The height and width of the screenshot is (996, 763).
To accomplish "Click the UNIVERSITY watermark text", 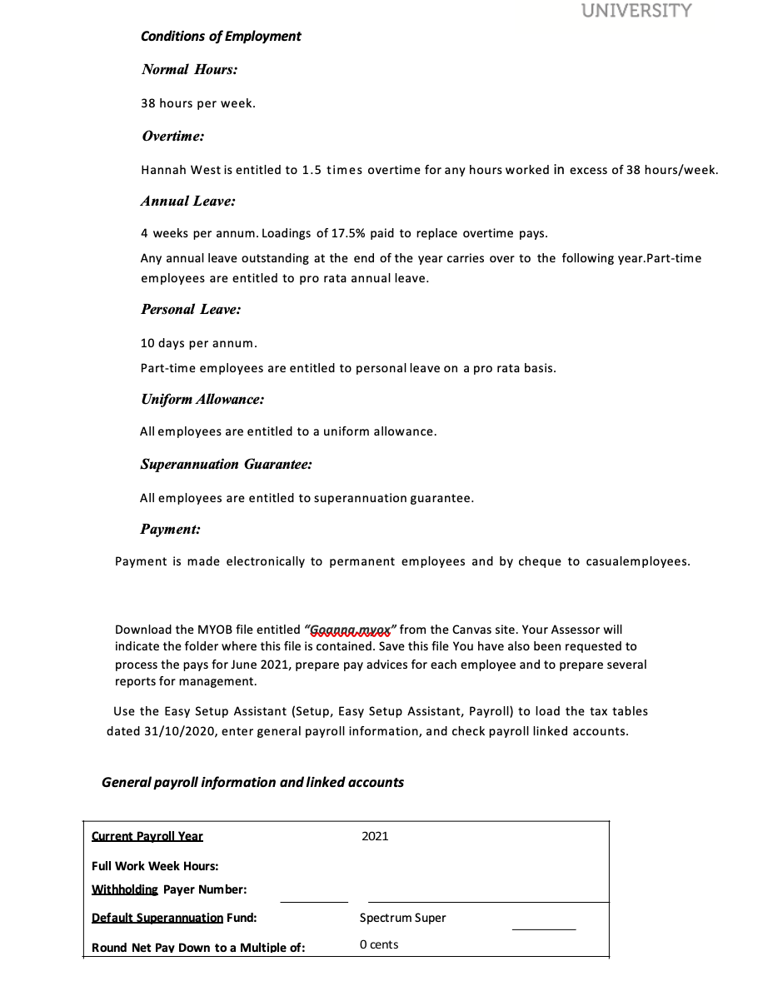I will pyautogui.click(x=636, y=11).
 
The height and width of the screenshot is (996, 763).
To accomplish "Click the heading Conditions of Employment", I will pyautogui.click(x=221, y=36).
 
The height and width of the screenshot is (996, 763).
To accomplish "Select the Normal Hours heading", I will pyautogui.click(x=189, y=70).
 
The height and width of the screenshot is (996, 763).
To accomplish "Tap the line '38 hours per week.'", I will pyautogui.click(x=198, y=103).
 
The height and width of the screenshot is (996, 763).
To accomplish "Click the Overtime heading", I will pyautogui.click(x=172, y=136).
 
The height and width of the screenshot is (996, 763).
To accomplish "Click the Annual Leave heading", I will pyautogui.click(x=187, y=202).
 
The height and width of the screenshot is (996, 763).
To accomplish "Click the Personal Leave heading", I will pyautogui.click(x=191, y=310).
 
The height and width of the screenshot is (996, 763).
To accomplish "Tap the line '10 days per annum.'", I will pyautogui.click(x=199, y=343).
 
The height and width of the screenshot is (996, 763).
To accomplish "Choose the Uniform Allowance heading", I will pyautogui.click(x=202, y=400).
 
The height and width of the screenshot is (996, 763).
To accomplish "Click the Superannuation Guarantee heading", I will pyautogui.click(x=226, y=465).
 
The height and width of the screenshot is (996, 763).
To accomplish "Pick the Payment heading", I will pyautogui.click(x=170, y=530).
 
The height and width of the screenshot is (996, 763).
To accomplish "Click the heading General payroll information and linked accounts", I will pyautogui.click(x=252, y=782).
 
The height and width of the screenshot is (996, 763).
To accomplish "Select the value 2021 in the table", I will pyautogui.click(x=375, y=836).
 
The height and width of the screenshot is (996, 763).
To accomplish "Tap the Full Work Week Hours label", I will pyautogui.click(x=155, y=866).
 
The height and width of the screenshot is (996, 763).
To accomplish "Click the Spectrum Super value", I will pyautogui.click(x=402, y=918).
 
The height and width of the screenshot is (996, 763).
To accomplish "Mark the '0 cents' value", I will pyautogui.click(x=379, y=944).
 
